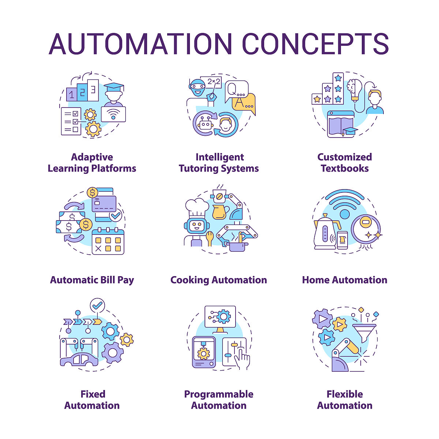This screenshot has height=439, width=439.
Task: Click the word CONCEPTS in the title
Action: click(315, 44)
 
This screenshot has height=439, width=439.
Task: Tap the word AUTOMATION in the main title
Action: click(140, 44)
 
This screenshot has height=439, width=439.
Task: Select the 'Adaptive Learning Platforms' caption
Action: click(92, 163)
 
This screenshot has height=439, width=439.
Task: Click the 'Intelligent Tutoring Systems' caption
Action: click(219, 163)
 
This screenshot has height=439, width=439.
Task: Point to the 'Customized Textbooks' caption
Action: click(345, 163)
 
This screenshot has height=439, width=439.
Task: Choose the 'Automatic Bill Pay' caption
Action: click(92, 280)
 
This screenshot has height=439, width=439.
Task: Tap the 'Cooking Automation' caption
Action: click(219, 280)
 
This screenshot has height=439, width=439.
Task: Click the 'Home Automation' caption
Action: click(345, 280)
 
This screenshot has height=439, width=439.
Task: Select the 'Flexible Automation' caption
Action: click(345, 400)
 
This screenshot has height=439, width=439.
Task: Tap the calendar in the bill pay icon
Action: click(108, 241)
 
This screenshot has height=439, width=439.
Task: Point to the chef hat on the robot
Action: click(196, 207)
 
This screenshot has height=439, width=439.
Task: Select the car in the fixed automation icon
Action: click(79, 360)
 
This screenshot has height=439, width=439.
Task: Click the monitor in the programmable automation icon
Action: click(220, 317)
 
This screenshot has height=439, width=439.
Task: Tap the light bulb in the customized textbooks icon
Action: click(354, 89)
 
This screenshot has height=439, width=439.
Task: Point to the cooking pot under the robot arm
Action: click(237, 246)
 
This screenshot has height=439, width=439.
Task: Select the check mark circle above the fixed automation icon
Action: click(97, 305)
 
